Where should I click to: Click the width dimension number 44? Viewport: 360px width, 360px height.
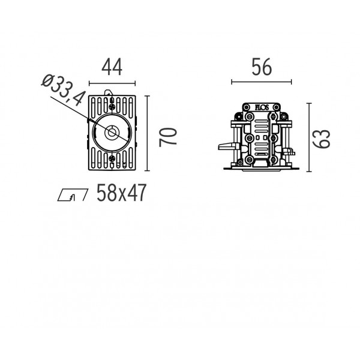pos(112,67)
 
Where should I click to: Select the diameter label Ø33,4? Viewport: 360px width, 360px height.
pos(64,90)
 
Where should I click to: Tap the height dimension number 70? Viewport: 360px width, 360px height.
pos(168,137)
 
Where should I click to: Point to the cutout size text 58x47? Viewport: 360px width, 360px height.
pos(121,193)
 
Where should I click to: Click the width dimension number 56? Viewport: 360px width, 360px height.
pos(262,67)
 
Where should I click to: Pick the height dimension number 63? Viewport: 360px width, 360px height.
pos(322,139)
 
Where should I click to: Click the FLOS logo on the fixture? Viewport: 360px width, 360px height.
pos(262,107)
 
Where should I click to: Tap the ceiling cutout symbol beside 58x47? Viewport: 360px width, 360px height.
pos(73,195)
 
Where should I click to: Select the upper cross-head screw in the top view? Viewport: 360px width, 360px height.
pos(112,107)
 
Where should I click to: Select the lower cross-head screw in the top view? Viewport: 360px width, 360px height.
pos(112,158)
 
